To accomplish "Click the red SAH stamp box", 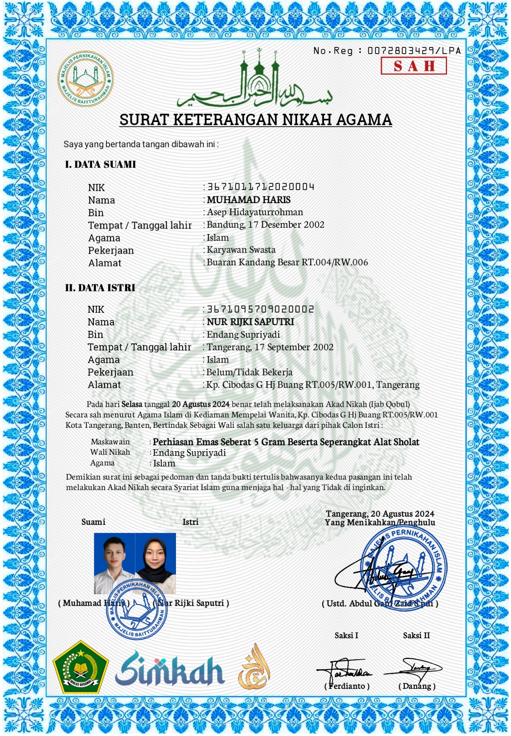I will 413,66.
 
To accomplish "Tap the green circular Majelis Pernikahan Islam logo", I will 86,79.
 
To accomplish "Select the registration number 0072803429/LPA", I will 414,51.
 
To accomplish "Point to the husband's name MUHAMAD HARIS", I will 249,200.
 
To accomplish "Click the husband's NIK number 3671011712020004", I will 261,187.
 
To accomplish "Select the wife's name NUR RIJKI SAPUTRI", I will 250,322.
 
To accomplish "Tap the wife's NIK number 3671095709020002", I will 261,309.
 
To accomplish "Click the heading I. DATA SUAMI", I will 100,164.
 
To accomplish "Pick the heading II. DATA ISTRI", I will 100,288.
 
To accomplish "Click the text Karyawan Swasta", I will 241,250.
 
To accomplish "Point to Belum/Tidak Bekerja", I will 250,372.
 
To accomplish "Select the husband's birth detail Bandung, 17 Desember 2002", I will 266,225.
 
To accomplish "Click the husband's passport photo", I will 114,563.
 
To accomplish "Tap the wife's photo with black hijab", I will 156,563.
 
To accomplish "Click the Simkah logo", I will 170,669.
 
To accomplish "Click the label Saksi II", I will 416,636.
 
